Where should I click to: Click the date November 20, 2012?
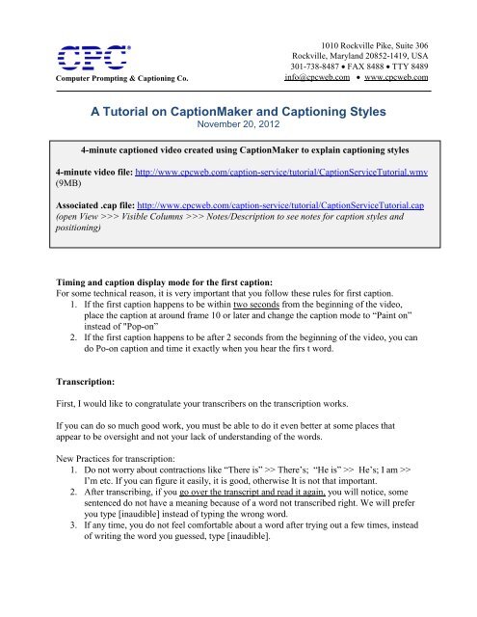(238, 125)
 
